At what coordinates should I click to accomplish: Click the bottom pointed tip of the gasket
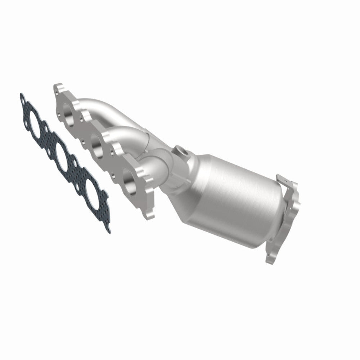(x=109, y=230)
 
